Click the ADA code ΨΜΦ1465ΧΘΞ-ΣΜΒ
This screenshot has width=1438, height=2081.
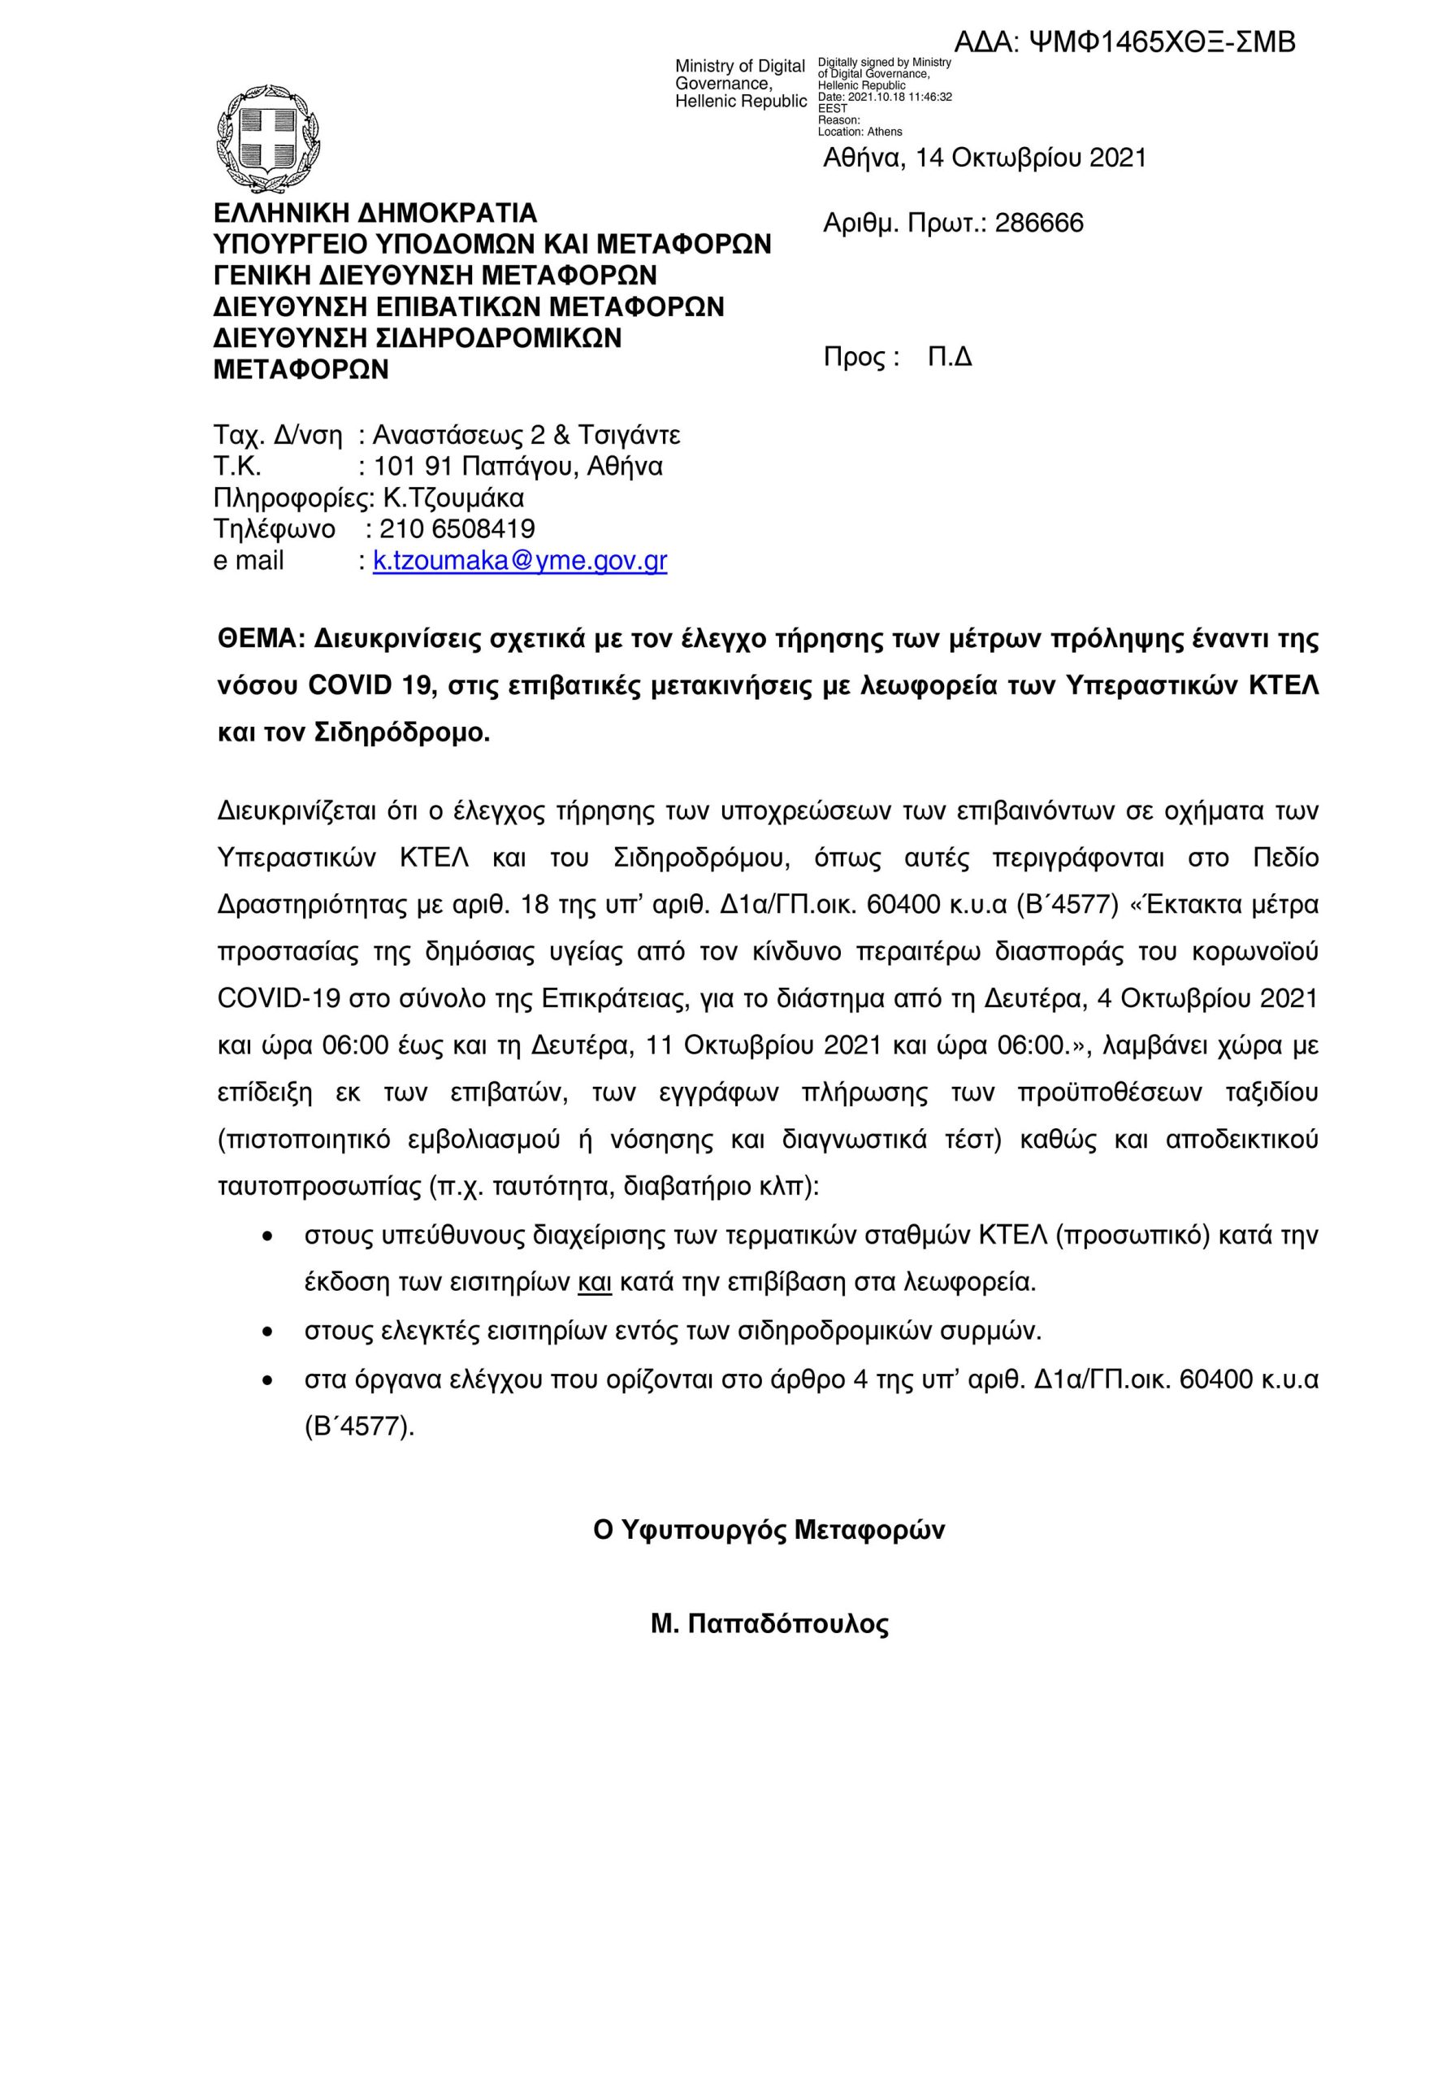(1162, 42)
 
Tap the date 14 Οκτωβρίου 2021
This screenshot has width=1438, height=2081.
(1031, 159)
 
